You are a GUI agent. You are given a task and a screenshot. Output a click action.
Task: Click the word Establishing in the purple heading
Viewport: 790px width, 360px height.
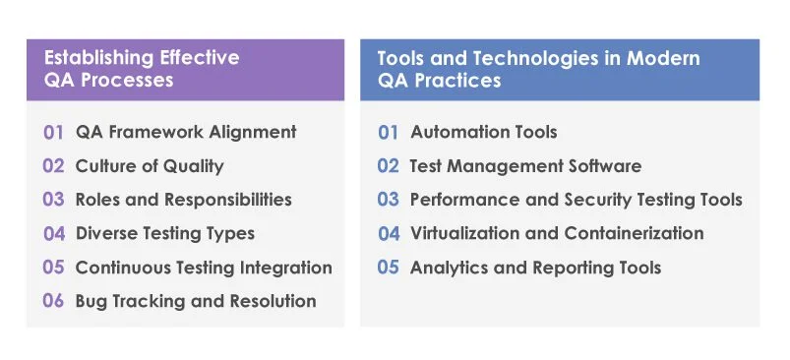pyautogui.click(x=87, y=58)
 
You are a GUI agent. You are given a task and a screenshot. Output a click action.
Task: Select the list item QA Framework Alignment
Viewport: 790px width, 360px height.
pyautogui.click(x=185, y=132)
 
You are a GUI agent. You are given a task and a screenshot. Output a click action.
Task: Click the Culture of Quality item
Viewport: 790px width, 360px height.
pyautogui.click(x=150, y=166)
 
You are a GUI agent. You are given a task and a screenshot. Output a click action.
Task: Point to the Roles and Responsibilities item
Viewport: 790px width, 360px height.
pyautogui.click(x=183, y=200)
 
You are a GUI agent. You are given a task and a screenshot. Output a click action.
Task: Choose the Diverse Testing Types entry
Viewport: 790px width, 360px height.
pyautogui.click(x=164, y=234)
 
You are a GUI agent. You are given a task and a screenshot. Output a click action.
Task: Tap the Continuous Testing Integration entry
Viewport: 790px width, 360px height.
pyautogui.click(x=204, y=268)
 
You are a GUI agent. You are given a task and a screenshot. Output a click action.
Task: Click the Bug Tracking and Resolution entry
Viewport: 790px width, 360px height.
pyautogui.click(x=196, y=301)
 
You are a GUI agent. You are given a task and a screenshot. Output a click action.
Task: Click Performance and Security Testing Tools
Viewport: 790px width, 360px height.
pyautogui.click(x=576, y=200)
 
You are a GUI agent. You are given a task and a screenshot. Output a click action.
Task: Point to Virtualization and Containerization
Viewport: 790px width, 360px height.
pyautogui.click(x=557, y=234)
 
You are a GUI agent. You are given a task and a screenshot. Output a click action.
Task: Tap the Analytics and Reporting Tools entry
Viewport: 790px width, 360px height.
pyautogui.click(x=535, y=268)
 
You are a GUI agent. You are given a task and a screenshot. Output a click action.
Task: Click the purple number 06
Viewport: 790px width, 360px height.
pyautogui.click(x=53, y=301)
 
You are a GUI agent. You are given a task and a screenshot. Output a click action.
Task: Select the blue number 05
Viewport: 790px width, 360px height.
pyautogui.click(x=389, y=268)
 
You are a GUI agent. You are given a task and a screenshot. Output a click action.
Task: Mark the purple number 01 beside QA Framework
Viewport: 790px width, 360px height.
pyautogui.click(x=53, y=132)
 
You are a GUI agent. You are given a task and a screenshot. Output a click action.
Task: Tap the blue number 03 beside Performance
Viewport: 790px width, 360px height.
pyautogui.click(x=389, y=200)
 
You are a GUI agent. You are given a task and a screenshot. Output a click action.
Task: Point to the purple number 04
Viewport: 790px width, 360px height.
pyautogui.click(x=53, y=234)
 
